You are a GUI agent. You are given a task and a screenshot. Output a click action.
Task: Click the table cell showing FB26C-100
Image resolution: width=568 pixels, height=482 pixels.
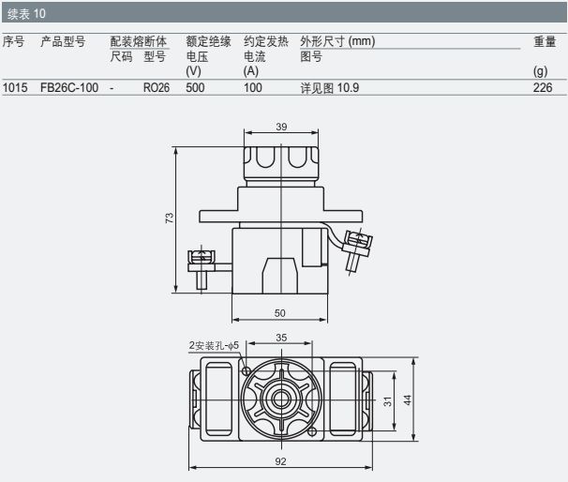69,88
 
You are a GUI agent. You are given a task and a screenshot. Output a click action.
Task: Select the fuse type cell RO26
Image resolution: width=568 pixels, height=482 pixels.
157,88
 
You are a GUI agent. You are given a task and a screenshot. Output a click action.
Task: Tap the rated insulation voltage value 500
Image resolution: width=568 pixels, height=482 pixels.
195,88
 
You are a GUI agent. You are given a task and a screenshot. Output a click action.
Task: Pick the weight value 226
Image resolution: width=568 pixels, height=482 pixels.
543,88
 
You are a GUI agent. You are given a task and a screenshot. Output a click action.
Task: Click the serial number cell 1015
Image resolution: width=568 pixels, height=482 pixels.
15,88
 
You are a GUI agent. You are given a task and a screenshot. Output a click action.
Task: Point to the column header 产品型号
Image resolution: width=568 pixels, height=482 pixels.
63,41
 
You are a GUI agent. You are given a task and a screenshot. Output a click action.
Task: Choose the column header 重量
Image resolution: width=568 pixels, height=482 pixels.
545,41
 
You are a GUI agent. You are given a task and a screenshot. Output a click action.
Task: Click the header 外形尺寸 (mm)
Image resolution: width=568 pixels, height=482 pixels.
337,41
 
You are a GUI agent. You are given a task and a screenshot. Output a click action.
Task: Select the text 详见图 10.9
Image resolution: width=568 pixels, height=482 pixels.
330,88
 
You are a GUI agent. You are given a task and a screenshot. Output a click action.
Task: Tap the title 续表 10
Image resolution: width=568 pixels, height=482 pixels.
26,14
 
